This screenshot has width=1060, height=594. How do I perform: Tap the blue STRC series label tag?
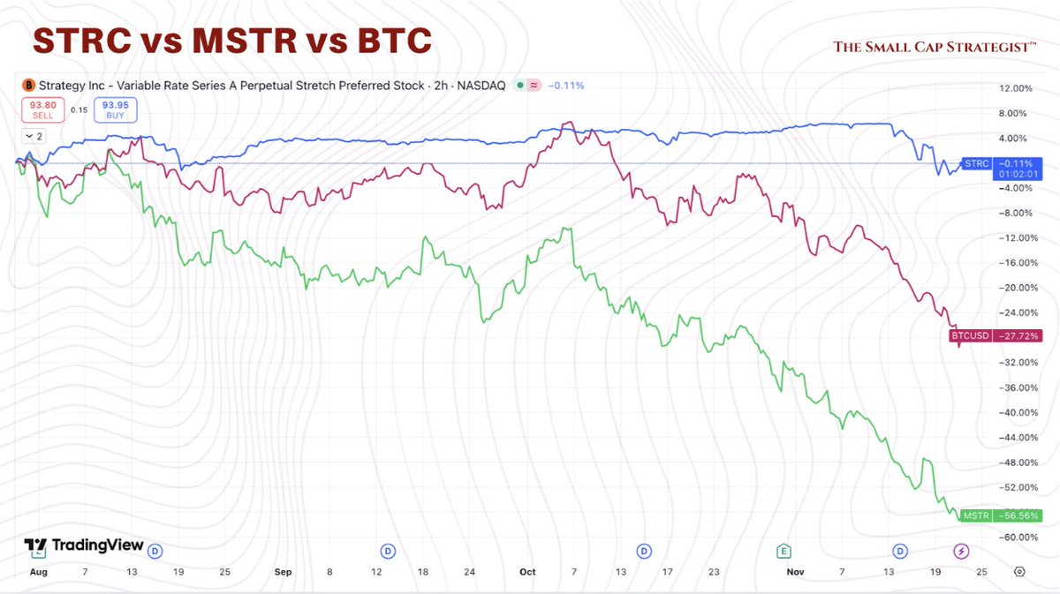977,163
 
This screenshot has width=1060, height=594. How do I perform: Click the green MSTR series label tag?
976,515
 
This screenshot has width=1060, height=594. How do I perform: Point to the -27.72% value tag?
1018,335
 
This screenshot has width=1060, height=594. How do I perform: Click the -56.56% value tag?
1018,515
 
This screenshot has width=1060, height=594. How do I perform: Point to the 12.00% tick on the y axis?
1013,88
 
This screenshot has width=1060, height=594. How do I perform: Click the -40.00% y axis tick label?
1013,413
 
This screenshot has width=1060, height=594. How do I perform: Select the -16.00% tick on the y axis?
1013,263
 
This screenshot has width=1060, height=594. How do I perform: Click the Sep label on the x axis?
283,572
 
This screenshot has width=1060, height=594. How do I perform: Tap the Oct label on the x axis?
527,572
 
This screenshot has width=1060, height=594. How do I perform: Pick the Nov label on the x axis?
795,572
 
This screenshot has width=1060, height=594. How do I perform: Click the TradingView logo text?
97,545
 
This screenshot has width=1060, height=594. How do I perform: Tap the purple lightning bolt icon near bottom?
962,552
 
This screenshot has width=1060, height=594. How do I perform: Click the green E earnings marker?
783,552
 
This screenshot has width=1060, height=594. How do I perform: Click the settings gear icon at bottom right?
1020,572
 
